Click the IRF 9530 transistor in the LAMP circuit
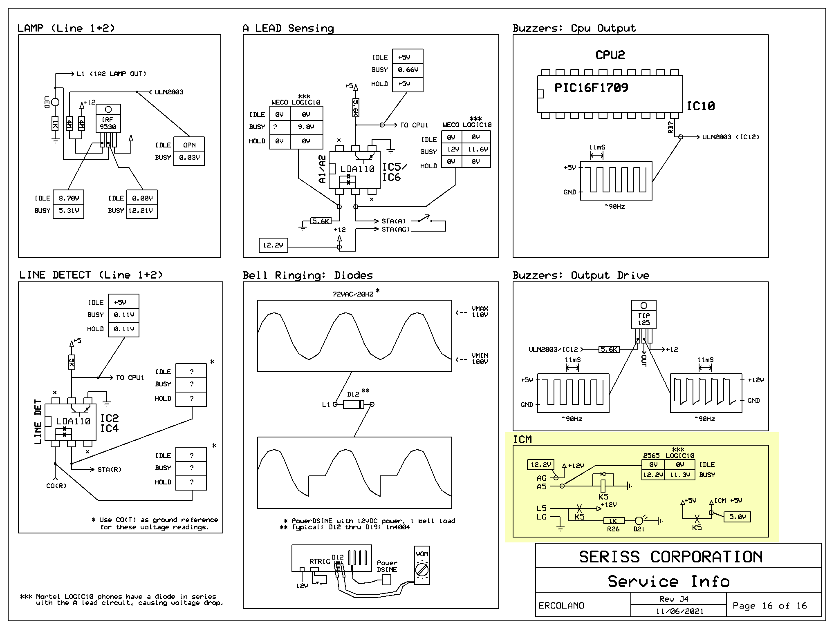coord(108,118)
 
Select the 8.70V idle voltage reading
coord(69,198)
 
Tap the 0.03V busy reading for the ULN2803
coord(189,158)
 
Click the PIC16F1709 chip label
coord(591,87)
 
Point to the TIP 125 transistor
coord(644,315)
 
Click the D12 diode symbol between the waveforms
coord(353,404)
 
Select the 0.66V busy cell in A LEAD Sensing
coord(408,70)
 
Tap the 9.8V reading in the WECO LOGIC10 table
coord(306,127)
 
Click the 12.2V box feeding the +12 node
coord(274,245)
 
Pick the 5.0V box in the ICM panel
coord(738,517)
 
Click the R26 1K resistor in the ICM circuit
coord(614,521)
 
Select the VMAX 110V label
coord(480,312)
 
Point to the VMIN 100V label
coord(480,359)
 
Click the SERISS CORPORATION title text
coord(671,557)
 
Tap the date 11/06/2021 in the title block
coord(679,611)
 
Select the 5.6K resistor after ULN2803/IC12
coord(609,349)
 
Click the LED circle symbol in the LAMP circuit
coord(55,102)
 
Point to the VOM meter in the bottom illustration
coord(422,566)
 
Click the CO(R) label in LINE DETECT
coord(56,486)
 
